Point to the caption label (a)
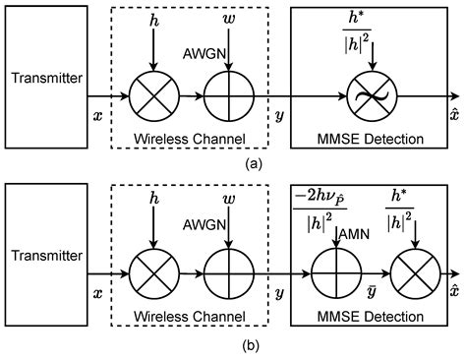[233, 163]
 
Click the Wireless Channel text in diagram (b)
[190, 314]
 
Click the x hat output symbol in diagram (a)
[453, 114]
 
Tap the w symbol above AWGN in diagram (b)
[228, 200]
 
